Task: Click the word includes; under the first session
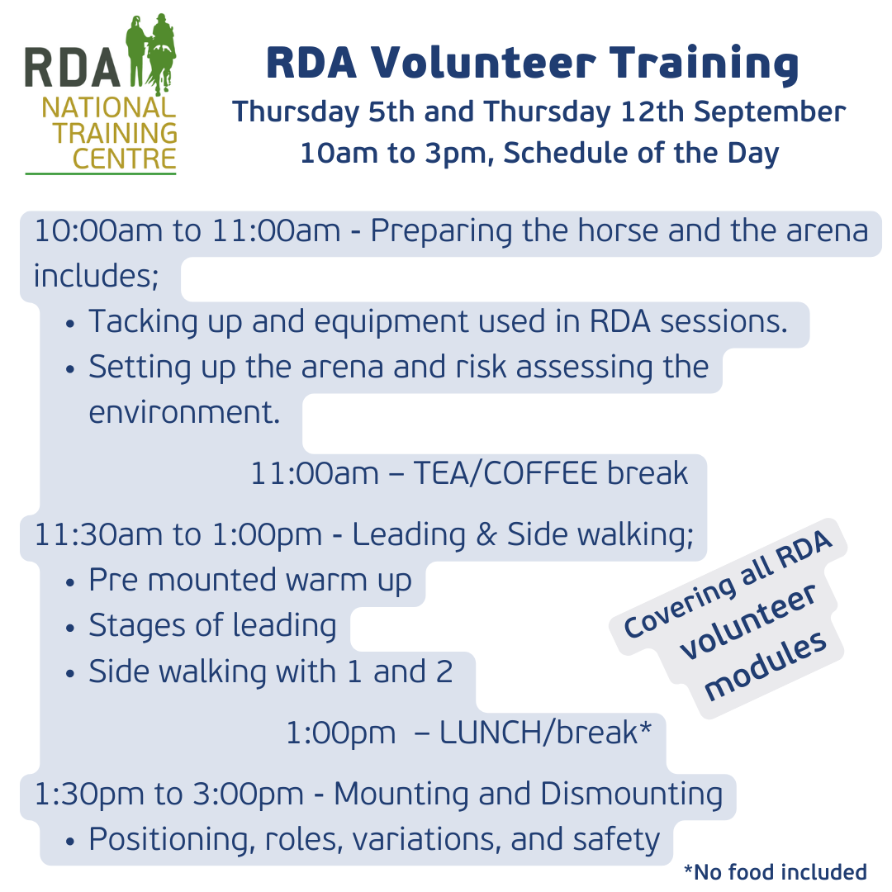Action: coord(96,276)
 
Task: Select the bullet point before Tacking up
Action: coord(71,323)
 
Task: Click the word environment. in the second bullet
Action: coord(184,411)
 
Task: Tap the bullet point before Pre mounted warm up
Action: coord(71,582)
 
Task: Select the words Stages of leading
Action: coord(212,626)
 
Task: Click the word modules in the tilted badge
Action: coord(768,665)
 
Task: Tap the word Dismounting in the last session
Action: coord(631,794)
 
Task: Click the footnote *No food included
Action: coord(775,872)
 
